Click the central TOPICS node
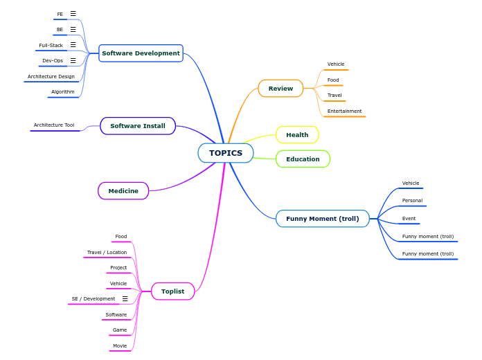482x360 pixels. click(x=226, y=153)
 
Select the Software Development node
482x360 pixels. click(x=141, y=53)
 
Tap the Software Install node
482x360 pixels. click(x=138, y=126)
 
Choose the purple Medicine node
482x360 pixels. click(x=123, y=191)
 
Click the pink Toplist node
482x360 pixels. click(x=172, y=291)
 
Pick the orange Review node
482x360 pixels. click(x=280, y=89)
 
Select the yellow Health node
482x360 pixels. click(x=297, y=135)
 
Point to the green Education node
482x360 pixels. click(x=303, y=159)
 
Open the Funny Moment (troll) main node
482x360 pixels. click(x=322, y=219)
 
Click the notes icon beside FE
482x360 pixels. click(x=73, y=14)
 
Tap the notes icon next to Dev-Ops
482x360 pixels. click(x=73, y=61)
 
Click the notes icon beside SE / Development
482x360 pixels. click(x=125, y=299)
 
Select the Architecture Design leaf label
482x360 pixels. click(x=51, y=77)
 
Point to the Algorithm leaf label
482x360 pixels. click(x=63, y=92)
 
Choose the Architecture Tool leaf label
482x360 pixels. click(x=54, y=125)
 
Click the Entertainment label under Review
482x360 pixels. click(x=344, y=111)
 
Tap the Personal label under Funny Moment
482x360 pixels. click(x=412, y=201)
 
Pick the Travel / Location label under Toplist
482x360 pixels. click(x=107, y=253)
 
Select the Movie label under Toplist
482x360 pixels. click(x=120, y=345)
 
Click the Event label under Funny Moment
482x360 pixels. click(x=409, y=219)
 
